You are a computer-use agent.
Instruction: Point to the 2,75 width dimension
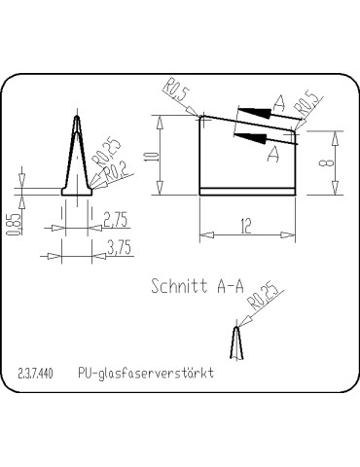[116, 217]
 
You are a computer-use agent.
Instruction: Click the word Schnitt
[180, 287]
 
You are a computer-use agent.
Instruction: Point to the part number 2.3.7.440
[36, 374]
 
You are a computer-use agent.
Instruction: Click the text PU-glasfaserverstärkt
[146, 374]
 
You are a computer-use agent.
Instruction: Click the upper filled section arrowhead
[252, 111]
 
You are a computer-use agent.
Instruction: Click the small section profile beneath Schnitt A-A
[234, 342]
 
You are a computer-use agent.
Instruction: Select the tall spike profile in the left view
[76, 151]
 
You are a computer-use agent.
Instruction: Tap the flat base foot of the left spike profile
[76, 192]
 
